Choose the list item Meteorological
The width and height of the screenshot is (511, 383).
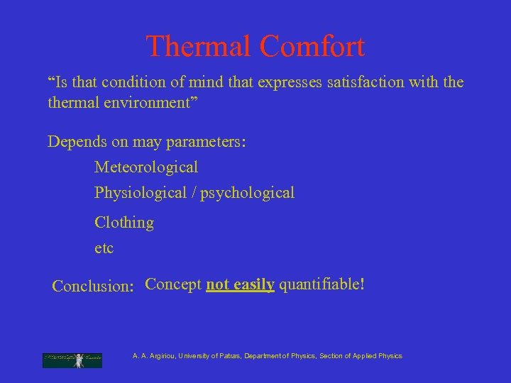[x=146, y=167]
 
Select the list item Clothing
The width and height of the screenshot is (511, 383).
[x=124, y=223]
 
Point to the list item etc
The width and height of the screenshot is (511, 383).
[x=104, y=248]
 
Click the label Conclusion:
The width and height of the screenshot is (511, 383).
[x=93, y=287]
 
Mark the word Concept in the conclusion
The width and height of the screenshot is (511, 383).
[x=173, y=284]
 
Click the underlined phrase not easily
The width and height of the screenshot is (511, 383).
[x=240, y=284]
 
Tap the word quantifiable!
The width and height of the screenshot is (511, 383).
[x=322, y=284]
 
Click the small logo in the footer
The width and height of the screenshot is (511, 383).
[x=72, y=360]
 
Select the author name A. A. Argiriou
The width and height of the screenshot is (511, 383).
[x=154, y=356]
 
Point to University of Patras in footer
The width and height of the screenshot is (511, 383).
[x=209, y=356]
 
